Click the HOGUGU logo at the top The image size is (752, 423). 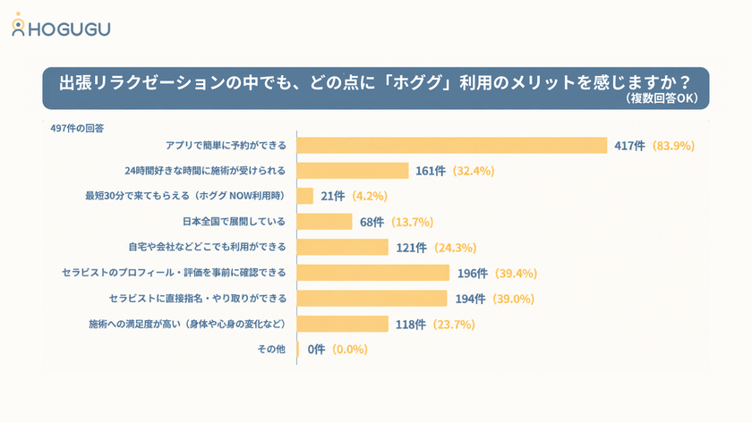click(x=61, y=25)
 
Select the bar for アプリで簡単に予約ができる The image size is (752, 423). click(x=452, y=145)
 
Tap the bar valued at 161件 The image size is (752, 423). click(x=353, y=171)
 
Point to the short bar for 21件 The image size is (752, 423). click(x=305, y=196)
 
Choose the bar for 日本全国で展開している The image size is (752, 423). click(x=325, y=222)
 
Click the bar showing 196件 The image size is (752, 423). click(x=373, y=273)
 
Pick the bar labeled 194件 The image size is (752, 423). click(x=372, y=299)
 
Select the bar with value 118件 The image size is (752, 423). click(x=342, y=324)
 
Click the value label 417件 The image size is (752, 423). click(x=629, y=146)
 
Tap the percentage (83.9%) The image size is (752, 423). click(x=673, y=146)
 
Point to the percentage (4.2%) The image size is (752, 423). click(x=369, y=196)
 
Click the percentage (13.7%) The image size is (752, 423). click(x=412, y=222)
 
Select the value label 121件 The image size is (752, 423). click(x=411, y=248)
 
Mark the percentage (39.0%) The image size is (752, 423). click(x=513, y=299)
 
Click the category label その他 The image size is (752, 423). click(x=271, y=350)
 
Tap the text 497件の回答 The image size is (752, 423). click(x=77, y=129)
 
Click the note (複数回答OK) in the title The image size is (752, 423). click(x=662, y=98)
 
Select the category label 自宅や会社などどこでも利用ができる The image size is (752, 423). click(x=207, y=247)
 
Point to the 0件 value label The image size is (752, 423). click(x=317, y=350)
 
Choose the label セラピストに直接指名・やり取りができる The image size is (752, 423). click(x=198, y=299)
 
